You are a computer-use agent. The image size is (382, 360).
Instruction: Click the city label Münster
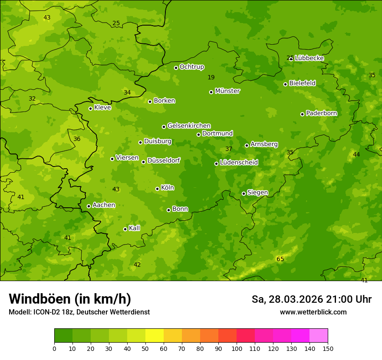(x=227, y=91)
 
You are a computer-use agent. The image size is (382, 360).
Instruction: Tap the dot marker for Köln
(x=157, y=189)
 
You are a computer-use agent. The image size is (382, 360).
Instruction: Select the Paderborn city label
(x=321, y=113)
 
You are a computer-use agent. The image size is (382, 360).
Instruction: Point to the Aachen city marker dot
(x=89, y=206)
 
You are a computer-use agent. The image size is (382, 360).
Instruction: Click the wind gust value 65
(x=280, y=259)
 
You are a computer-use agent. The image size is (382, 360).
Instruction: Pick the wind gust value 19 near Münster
(x=211, y=77)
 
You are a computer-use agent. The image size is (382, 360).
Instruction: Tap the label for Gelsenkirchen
(x=189, y=126)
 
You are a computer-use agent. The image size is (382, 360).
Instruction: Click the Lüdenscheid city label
(x=239, y=163)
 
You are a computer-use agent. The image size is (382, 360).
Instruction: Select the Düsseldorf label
(x=164, y=160)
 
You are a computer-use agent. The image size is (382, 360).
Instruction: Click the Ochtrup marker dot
(x=176, y=68)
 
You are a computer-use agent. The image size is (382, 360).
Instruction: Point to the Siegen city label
(x=257, y=193)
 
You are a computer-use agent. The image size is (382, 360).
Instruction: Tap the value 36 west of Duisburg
(x=77, y=139)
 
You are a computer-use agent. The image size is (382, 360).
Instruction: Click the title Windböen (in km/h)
(x=70, y=299)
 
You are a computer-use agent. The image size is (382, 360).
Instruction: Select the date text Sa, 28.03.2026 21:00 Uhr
(x=311, y=299)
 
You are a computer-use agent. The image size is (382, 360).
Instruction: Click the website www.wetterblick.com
(x=313, y=312)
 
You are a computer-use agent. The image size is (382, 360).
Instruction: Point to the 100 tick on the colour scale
(x=237, y=348)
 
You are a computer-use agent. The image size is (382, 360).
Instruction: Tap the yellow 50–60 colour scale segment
(x=155, y=336)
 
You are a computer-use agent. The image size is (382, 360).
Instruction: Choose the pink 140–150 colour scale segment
(x=319, y=336)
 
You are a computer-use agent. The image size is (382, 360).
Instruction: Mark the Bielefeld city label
(x=302, y=83)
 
